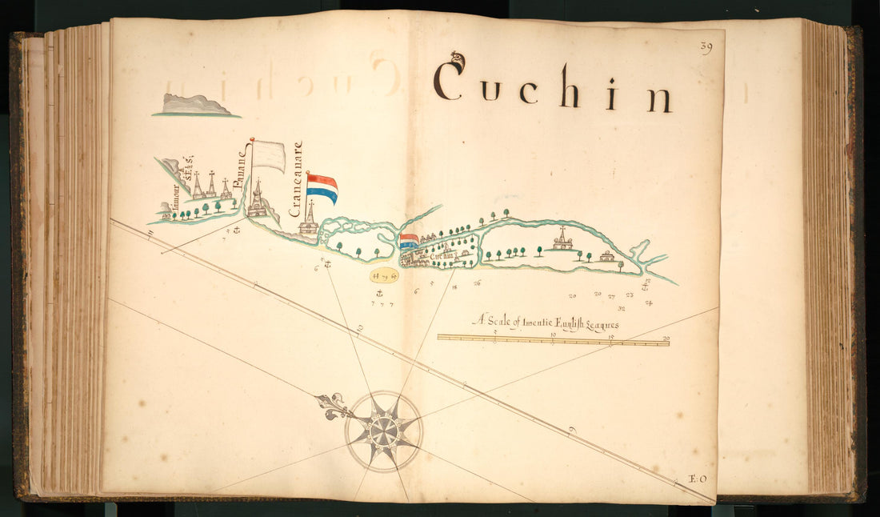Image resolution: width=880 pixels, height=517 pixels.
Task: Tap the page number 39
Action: click(706, 47)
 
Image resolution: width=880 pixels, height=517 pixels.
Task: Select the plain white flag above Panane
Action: click(269, 155)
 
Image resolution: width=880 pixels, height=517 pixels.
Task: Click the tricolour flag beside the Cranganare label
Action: click(322, 188)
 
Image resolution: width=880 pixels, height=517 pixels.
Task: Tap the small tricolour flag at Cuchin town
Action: click(409, 241)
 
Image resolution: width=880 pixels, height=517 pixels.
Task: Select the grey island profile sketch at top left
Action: click(196, 106)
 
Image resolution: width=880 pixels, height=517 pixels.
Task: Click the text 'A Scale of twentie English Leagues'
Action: click(546, 323)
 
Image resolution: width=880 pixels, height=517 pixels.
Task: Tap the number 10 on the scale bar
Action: click(553, 335)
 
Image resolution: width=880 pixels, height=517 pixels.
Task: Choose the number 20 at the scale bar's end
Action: click(666, 338)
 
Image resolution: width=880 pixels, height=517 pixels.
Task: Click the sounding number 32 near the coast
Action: click(622, 307)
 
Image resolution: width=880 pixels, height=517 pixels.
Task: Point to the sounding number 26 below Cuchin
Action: click(477, 283)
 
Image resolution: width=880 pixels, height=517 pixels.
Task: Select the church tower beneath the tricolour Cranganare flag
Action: click(309, 219)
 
